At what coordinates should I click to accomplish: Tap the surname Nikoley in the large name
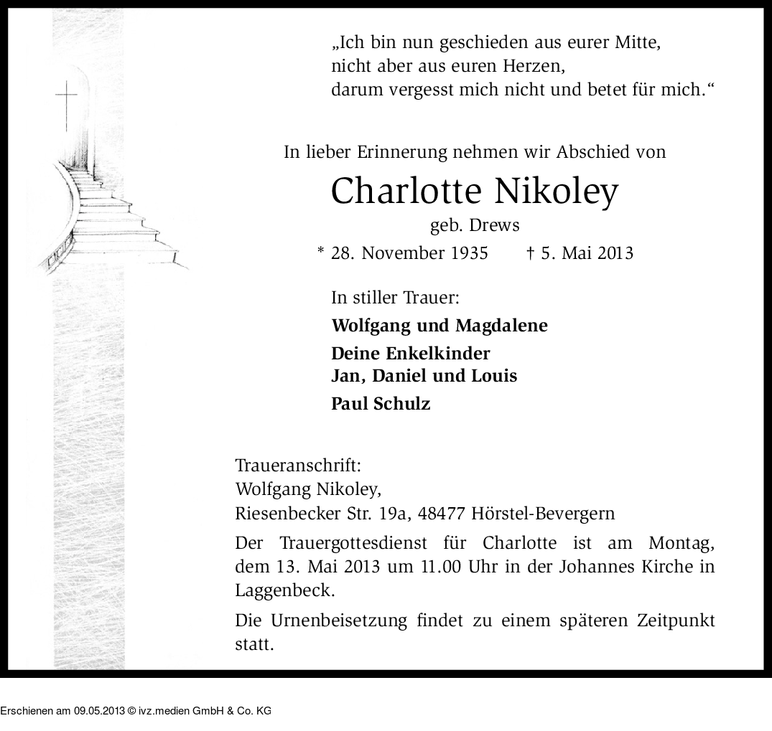[x=557, y=191]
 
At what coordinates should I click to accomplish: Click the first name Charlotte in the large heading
[x=406, y=191]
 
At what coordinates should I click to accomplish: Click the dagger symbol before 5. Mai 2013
[x=531, y=253]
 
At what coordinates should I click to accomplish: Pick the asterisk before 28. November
[x=320, y=251]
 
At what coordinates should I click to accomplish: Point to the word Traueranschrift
[x=298, y=465]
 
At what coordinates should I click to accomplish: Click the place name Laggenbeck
[x=284, y=591]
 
